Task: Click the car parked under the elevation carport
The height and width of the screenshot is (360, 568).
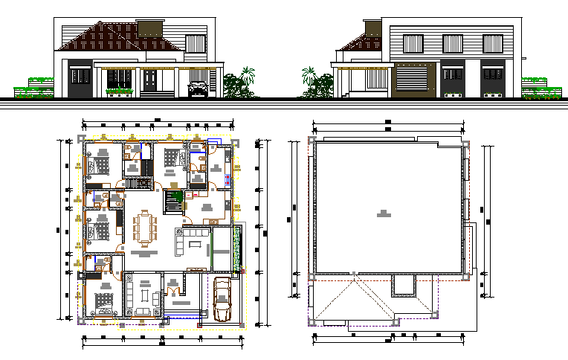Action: click(199, 90)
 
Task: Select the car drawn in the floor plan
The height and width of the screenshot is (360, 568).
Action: click(222, 300)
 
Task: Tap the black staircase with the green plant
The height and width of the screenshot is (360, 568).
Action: click(175, 201)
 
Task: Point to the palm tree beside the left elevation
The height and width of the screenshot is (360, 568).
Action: click(243, 82)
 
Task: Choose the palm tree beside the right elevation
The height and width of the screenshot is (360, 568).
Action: click(312, 82)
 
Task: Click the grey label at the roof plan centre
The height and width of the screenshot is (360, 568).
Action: click(384, 214)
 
